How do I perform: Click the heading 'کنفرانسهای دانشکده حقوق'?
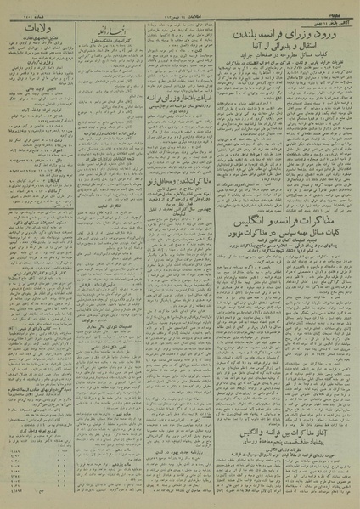coord(120,37)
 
